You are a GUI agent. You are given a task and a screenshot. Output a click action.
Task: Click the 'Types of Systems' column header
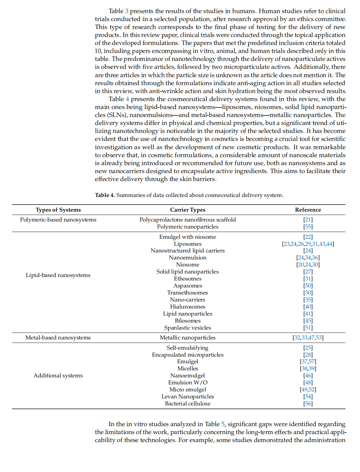[x=58, y=210]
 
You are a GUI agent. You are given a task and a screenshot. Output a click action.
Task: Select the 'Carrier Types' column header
[x=188, y=210]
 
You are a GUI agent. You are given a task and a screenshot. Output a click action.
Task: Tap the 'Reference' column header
[x=308, y=210]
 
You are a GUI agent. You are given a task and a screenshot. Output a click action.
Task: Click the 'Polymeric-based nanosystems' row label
[x=58, y=220]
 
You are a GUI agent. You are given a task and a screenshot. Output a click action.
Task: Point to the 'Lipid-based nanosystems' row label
[x=58, y=275]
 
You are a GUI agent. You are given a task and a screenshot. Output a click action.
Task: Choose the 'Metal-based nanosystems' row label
[x=58, y=338]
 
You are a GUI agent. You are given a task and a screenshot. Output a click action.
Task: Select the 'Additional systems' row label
[x=58, y=375]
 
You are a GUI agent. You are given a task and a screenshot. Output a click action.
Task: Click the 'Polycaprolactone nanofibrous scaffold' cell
[x=188, y=220]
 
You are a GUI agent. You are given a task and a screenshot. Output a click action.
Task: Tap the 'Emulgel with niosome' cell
[x=188, y=237]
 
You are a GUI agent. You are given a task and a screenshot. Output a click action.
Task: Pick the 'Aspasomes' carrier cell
[x=188, y=286]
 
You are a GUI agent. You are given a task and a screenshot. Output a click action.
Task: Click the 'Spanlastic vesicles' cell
[x=188, y=328]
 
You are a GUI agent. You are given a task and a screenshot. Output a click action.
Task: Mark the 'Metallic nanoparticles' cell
[x=188, y=338]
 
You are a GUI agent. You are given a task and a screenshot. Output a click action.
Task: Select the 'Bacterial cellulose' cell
[x=188, y=403]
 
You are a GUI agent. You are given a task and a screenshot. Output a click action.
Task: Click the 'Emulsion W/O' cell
[x=188, y=382]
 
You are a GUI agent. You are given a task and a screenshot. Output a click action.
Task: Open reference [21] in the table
[x=308, y=220]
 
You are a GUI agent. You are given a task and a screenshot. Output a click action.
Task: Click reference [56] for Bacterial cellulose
[x=308, y=403]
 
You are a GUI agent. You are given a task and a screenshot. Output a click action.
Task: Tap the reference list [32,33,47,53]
[x=308, y=338]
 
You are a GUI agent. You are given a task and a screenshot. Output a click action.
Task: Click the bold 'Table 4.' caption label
[x=105, y=195]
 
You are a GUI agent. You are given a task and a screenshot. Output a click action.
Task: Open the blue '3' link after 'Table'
[x=126, y=11]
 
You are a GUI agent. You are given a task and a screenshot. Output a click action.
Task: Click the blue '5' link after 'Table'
[x=223, y=424]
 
